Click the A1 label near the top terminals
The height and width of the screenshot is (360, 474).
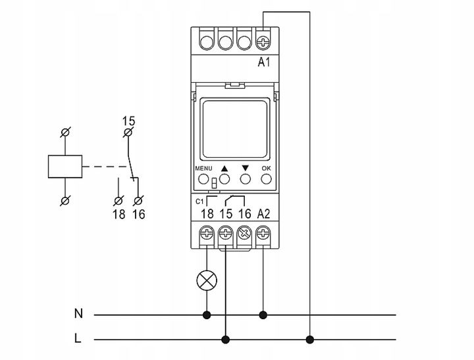pos(264,63)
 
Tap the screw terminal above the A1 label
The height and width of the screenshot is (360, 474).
pos(264,41)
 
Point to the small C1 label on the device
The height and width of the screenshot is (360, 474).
pos(200,200)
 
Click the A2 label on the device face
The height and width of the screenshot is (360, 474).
pos(264,213)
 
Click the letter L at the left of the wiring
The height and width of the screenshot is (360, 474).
pos(78,340)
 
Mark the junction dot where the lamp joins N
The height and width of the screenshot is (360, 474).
pos(207,315)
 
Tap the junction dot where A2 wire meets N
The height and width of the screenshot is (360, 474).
pos(264,315)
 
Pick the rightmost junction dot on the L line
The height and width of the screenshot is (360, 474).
pos(309,340)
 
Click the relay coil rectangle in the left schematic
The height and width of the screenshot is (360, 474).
pos(65,166)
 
